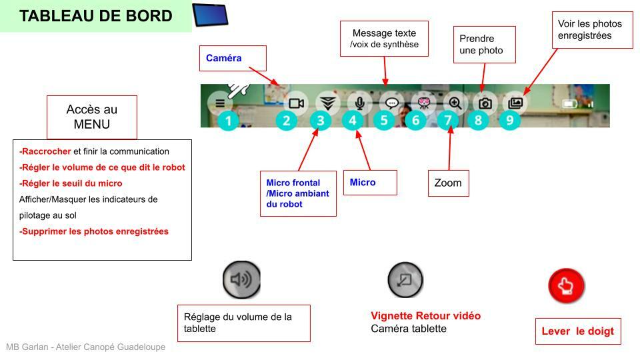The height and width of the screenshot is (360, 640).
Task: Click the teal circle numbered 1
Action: point(228,121)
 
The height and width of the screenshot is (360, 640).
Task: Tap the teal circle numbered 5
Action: point(384,121)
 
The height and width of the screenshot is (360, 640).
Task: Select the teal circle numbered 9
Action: point(510,121)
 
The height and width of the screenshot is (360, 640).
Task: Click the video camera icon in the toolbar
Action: point(296,103)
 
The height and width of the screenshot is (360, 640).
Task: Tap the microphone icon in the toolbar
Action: point(359,103)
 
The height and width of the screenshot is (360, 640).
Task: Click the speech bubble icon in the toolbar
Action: point(392,103)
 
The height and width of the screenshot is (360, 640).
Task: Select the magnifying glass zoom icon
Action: point(455,103)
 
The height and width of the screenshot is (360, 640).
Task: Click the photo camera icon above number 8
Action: point(485,103)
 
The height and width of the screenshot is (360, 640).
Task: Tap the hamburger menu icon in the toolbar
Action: point(220,103)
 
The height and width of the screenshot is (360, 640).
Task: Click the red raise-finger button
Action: point(566,287)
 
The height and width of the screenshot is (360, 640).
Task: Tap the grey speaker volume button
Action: point(241,279)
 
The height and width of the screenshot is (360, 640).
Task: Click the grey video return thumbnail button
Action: point(405,279)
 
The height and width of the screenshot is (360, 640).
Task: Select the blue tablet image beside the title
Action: point(210,15)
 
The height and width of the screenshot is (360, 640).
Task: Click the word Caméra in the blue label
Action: point(223,59)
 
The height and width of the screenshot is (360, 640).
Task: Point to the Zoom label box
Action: point(448,183)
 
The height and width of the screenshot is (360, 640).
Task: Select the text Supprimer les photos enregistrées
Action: point(94,232)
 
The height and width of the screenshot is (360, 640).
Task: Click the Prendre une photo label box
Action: point(484,45)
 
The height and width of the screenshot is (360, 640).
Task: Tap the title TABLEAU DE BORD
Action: point(96,16)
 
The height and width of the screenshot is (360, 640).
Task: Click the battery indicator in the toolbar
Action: point(569,104)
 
